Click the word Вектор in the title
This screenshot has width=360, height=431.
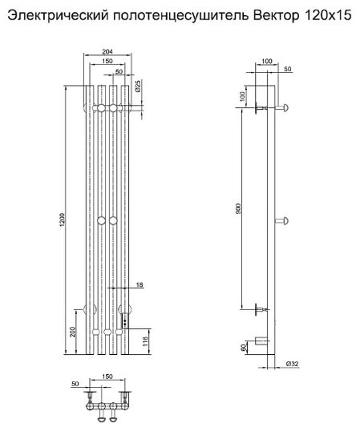point(276,16)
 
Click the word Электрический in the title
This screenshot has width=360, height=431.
point(58,16)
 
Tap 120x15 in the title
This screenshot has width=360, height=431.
point(328,16)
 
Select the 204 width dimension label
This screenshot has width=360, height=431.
point(107,51)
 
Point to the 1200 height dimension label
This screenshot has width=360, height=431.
point(63,220)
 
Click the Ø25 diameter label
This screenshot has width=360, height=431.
point(138,86)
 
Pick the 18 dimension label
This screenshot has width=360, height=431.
point(140,284)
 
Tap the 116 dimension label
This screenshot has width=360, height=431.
point(145,341)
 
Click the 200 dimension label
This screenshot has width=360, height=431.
point(73,332)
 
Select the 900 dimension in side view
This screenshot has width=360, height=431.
point(238,208)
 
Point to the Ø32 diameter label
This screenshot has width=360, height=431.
point(292,364)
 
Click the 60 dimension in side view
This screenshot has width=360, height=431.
point(243,348)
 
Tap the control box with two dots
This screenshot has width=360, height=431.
point(125,321)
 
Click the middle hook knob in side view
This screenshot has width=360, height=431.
point(282,220)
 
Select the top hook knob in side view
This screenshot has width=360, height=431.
point(282,107)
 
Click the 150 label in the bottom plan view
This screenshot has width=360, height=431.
point(107,377)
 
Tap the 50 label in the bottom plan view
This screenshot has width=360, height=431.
point(75,384)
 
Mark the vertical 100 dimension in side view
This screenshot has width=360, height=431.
point(242,96)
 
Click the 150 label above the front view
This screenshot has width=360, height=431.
point(107,61)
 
